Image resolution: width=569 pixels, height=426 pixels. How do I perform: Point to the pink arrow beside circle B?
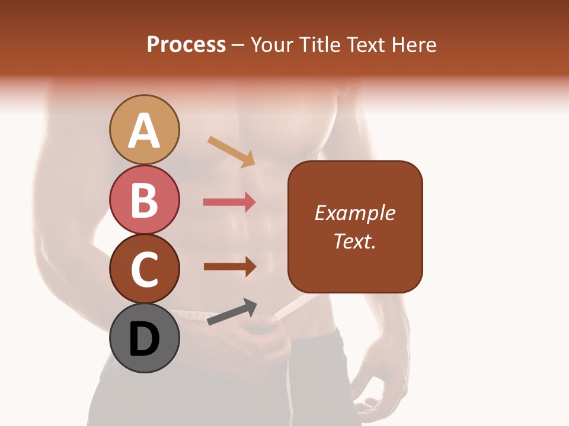pos(229,202)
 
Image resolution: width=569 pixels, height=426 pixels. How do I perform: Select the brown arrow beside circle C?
pos(229,267)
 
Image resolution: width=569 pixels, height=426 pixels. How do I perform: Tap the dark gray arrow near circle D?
pos(232,312)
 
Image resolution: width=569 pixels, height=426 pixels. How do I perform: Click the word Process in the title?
pos(186,45)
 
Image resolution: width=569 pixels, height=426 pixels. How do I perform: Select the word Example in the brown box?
pos(354,213)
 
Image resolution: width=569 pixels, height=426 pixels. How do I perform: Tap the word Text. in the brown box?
pos(354,241)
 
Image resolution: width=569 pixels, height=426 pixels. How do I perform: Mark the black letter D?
pos(145,340)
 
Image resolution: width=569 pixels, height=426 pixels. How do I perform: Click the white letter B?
pos(145,199)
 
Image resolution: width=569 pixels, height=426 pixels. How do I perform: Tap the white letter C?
pos(145,269)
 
